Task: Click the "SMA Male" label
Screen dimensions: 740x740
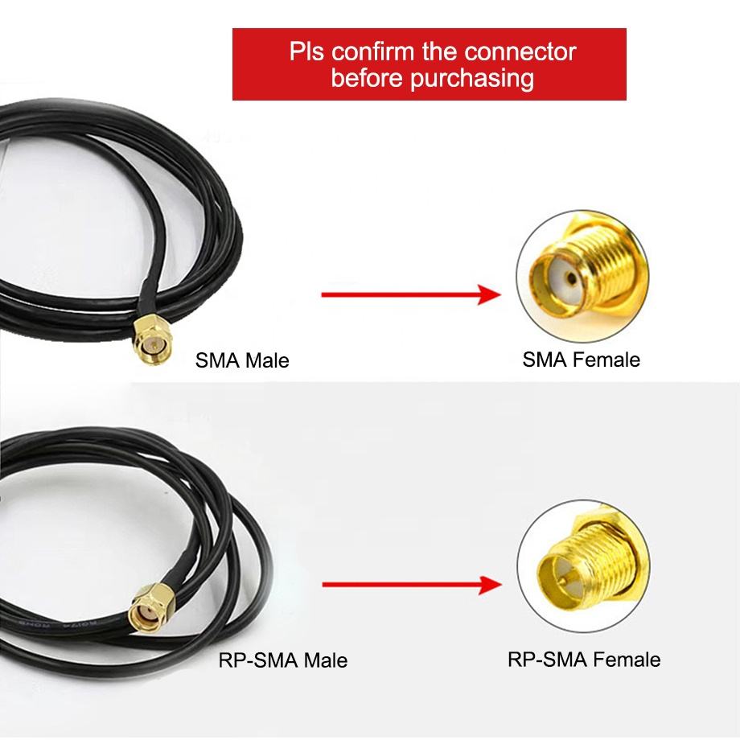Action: point(242,360)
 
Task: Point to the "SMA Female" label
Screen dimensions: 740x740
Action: point(581,359)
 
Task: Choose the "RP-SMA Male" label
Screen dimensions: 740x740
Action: point(283,660)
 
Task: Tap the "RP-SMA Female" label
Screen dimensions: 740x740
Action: point(584,660)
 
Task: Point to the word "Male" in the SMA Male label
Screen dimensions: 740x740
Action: point(267,360)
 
